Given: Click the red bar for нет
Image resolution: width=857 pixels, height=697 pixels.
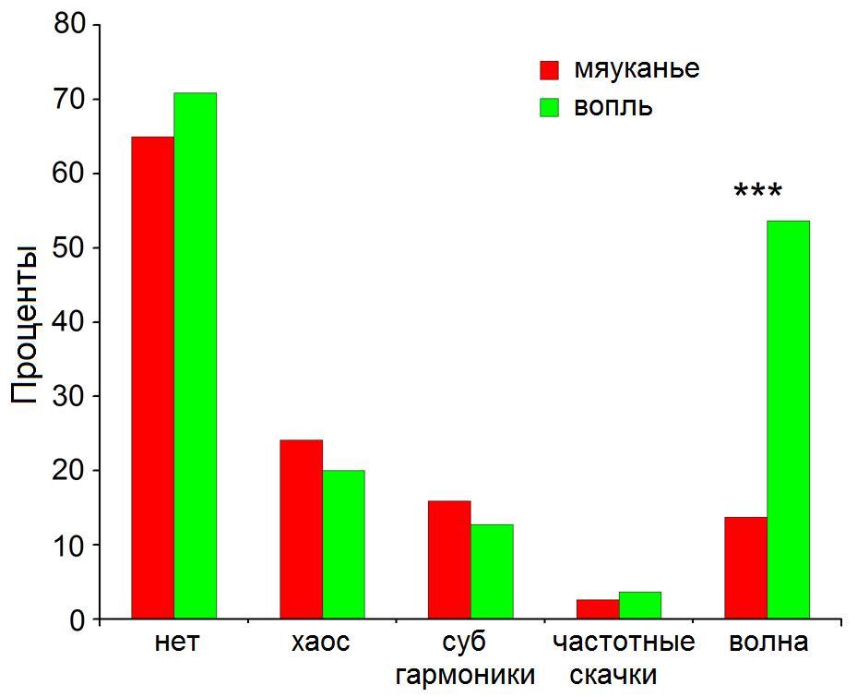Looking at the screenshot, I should tap(152, 378).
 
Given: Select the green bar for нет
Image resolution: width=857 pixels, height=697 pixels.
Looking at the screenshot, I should tap(195, 355).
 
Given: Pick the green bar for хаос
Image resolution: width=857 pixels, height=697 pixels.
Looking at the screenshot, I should tap(343, 544).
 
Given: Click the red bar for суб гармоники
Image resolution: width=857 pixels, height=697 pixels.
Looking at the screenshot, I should tap(449, 559).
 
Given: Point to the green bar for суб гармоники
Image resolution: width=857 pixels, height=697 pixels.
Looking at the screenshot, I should tap(492, 571).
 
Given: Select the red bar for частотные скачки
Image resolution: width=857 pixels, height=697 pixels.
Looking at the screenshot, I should tap(598, 609).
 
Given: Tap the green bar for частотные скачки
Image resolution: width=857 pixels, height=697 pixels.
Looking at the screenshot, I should tap(640, 606).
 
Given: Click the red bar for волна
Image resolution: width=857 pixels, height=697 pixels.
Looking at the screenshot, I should tap(745, 568).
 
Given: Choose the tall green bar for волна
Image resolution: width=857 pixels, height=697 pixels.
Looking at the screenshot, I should tap(788, 420).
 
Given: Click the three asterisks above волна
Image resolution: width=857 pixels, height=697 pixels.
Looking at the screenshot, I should tap(757, 193).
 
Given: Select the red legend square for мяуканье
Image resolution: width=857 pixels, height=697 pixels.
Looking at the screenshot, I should tap(550, 71).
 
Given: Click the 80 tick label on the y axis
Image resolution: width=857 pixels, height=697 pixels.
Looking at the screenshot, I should tap(69, 25).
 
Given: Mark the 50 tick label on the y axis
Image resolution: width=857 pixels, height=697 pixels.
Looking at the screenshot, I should tap(69, 248).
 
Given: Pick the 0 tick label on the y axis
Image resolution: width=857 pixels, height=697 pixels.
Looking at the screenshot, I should tap(78, 620).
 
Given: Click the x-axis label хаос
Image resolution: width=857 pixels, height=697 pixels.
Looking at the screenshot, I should tap(321, 643).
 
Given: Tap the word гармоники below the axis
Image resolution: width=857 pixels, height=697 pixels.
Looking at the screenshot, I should tap(465, 675).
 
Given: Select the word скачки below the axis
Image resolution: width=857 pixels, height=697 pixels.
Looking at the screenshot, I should tap(613, 675).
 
